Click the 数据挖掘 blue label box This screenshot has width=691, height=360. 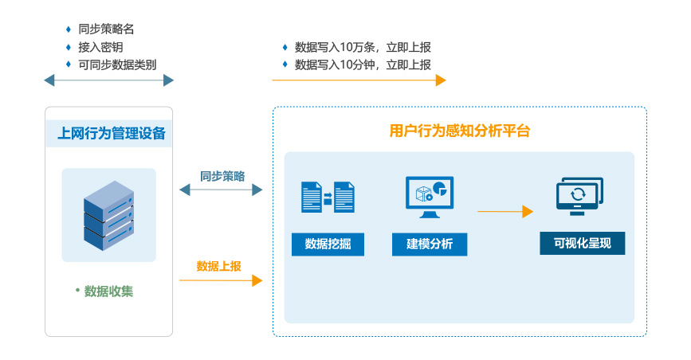point(328,244)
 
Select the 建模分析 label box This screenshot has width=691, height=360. point(430,244)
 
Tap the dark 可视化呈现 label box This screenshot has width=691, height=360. point(582,243)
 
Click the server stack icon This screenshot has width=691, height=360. point(109,216)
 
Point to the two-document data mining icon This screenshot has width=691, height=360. point(328,198)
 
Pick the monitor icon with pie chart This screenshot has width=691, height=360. point(430,198)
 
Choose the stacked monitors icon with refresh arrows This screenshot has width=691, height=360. point(579,196)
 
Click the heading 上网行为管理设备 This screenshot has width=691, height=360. point(112,133)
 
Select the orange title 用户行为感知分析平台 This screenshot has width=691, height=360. point(460,131)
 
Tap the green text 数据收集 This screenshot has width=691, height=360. point(108,292)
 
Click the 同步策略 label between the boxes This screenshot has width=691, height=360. point(222,176)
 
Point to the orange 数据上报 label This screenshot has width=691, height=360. point(219,266)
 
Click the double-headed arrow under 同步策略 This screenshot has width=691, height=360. point(221,190)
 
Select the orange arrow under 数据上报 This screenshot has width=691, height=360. point(221,280)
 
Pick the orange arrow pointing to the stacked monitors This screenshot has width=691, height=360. point(505,212)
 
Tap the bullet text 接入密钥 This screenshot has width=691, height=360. point(100,47)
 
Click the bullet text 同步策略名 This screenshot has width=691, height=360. point(106,29)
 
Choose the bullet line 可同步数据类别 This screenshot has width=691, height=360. point(117,65)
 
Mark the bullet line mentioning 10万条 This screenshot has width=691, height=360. point(363,47)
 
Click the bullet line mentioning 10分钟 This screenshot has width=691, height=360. point(363,65)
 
